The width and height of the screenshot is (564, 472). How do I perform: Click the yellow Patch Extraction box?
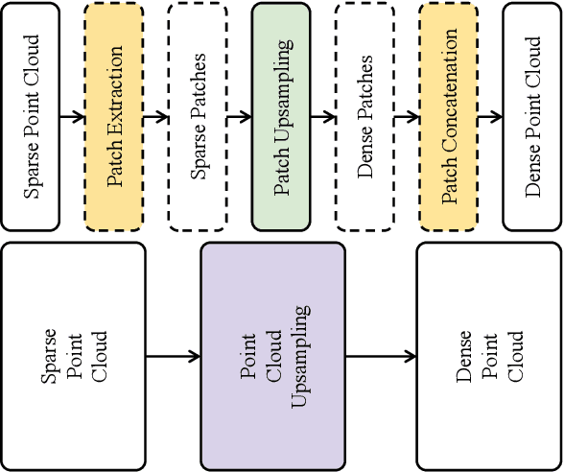[x=114, y=116]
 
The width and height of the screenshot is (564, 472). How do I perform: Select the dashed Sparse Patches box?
[x=198, y=116]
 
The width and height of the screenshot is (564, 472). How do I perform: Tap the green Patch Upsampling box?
[x=282, y=116]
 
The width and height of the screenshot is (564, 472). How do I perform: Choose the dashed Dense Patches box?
[x=365, y=116]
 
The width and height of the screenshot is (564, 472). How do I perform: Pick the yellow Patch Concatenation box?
[x=449, y=116]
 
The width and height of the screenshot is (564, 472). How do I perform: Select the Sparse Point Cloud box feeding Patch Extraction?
[x=31, y=116]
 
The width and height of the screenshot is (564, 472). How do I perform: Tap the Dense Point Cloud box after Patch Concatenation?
[x=532, y=116]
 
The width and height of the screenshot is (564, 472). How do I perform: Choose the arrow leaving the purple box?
[x=381, y=357]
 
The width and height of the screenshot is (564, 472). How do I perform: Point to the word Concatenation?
[x=449, y=91]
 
